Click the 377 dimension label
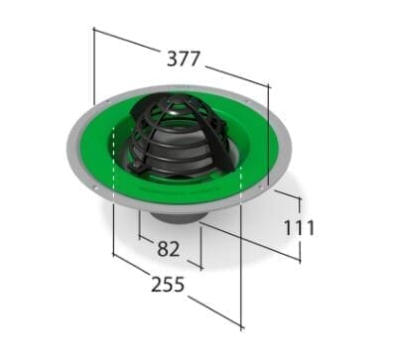pos(183,59)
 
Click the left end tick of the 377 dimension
pos(93,30)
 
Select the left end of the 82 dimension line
pos(136,239)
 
